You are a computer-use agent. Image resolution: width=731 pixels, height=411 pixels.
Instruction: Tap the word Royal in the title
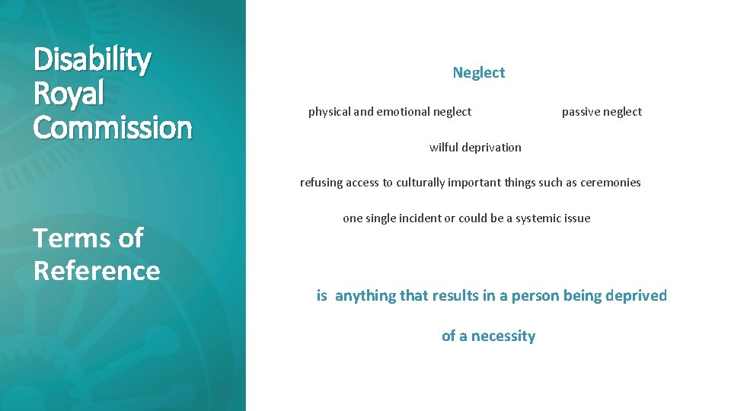click(x=69, y=94)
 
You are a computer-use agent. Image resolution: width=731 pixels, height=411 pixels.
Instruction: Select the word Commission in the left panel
click(x=113, y=127)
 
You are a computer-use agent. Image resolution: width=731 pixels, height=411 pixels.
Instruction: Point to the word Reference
click(x=97, y=270)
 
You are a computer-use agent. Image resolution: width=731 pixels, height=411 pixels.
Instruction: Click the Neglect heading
click(x=478, y=73)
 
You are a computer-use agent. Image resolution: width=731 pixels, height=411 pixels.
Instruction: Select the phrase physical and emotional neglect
click(x=389, y=112)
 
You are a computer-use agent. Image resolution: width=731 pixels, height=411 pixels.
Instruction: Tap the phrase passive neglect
click(x=602, y=112)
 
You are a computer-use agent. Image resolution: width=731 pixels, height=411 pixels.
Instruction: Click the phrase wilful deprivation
click(x=475, y=148)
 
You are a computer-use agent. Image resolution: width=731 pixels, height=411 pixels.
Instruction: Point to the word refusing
click(x=323, y=183)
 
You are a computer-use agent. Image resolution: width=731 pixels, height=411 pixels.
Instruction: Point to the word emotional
click(x=404, y=112)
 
